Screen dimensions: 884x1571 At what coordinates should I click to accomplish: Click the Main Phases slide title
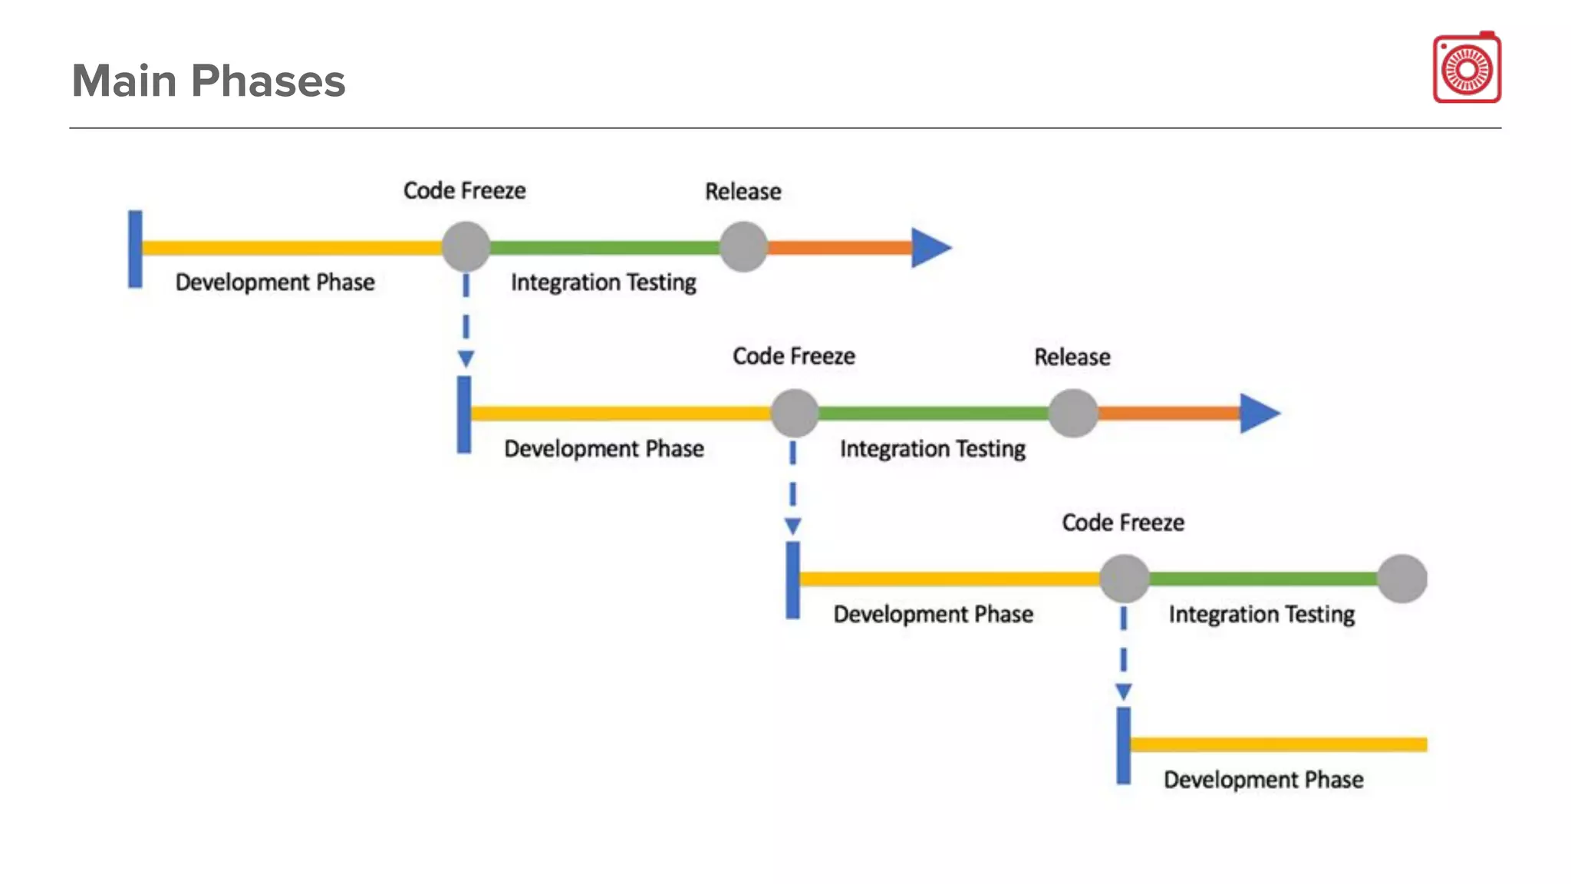click(209, 81)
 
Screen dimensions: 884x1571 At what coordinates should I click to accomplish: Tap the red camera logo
click(1467, 68)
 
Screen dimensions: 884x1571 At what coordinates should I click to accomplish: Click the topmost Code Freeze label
click(465, 190)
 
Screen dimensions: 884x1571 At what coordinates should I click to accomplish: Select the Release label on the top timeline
click(743, 191)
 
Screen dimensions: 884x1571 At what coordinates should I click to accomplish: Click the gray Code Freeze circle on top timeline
click(466, 247)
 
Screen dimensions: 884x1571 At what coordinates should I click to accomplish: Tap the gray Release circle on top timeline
click(743, 247)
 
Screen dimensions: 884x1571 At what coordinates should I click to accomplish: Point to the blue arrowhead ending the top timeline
click(929, 248)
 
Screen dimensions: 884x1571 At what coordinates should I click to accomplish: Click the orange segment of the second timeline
click(1168, 414)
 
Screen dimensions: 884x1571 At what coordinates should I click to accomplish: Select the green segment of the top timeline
click(604, 248)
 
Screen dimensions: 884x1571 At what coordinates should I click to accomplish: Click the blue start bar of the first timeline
click(135, 249)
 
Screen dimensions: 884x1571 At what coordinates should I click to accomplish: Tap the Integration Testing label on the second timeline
click(932, 448)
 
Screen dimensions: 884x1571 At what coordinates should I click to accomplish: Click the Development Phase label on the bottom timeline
click(1263, 780)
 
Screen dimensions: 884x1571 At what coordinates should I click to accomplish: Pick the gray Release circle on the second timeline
click(1072, 413)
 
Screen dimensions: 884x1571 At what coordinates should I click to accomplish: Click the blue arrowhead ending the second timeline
click(1258, 414)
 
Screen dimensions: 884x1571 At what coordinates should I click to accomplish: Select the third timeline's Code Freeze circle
click(1124, 579)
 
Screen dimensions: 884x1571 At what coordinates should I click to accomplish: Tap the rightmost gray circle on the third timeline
click(1401, 579)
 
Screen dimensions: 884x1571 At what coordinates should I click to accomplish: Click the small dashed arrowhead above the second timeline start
click(466, 358)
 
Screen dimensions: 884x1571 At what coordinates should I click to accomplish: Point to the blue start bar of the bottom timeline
click(1123, 746)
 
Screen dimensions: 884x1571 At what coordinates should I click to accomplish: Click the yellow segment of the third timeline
click(950, 579)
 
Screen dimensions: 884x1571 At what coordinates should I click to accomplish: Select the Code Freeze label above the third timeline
click(1123, 523)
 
